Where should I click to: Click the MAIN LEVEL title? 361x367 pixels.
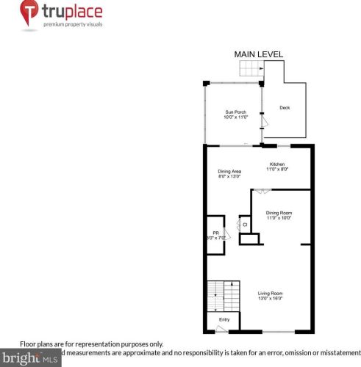click(258, 54)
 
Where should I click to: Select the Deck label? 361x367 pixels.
click(284, 108)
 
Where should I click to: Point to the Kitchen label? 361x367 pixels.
click(277, 164)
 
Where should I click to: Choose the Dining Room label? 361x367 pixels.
click(279, 213)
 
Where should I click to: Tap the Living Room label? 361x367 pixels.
click(271, 294)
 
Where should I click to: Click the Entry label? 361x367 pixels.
click(224, 319)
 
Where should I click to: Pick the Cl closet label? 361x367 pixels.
click(245, 224)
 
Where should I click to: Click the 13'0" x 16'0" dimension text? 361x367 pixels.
click(271, 299)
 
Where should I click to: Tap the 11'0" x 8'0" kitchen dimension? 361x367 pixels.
click(277, 169)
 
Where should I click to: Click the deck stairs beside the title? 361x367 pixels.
click(250, 69)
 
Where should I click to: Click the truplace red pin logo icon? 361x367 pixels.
click(29, 15)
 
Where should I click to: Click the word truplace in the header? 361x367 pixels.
click(72, 12)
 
